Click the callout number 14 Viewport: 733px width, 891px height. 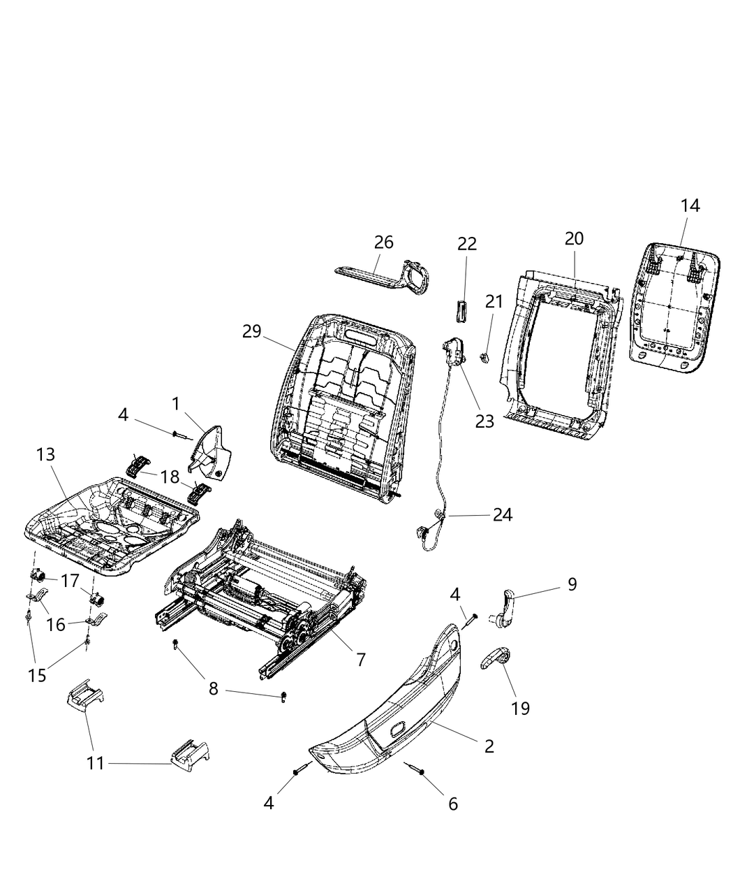[690, 206]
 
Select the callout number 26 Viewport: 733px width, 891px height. [383, 242]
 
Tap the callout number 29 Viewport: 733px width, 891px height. [252, 331]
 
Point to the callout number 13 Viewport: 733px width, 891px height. [45, 455]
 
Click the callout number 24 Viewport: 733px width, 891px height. [502, 515]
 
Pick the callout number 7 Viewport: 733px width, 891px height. [360, 658]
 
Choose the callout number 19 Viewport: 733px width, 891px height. [520, 708]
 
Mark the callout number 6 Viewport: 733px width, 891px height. [452, 804]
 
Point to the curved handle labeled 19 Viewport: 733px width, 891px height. [495, 658]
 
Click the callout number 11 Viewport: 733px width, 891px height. [95, 764]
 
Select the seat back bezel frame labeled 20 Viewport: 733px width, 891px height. [558, 356]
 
